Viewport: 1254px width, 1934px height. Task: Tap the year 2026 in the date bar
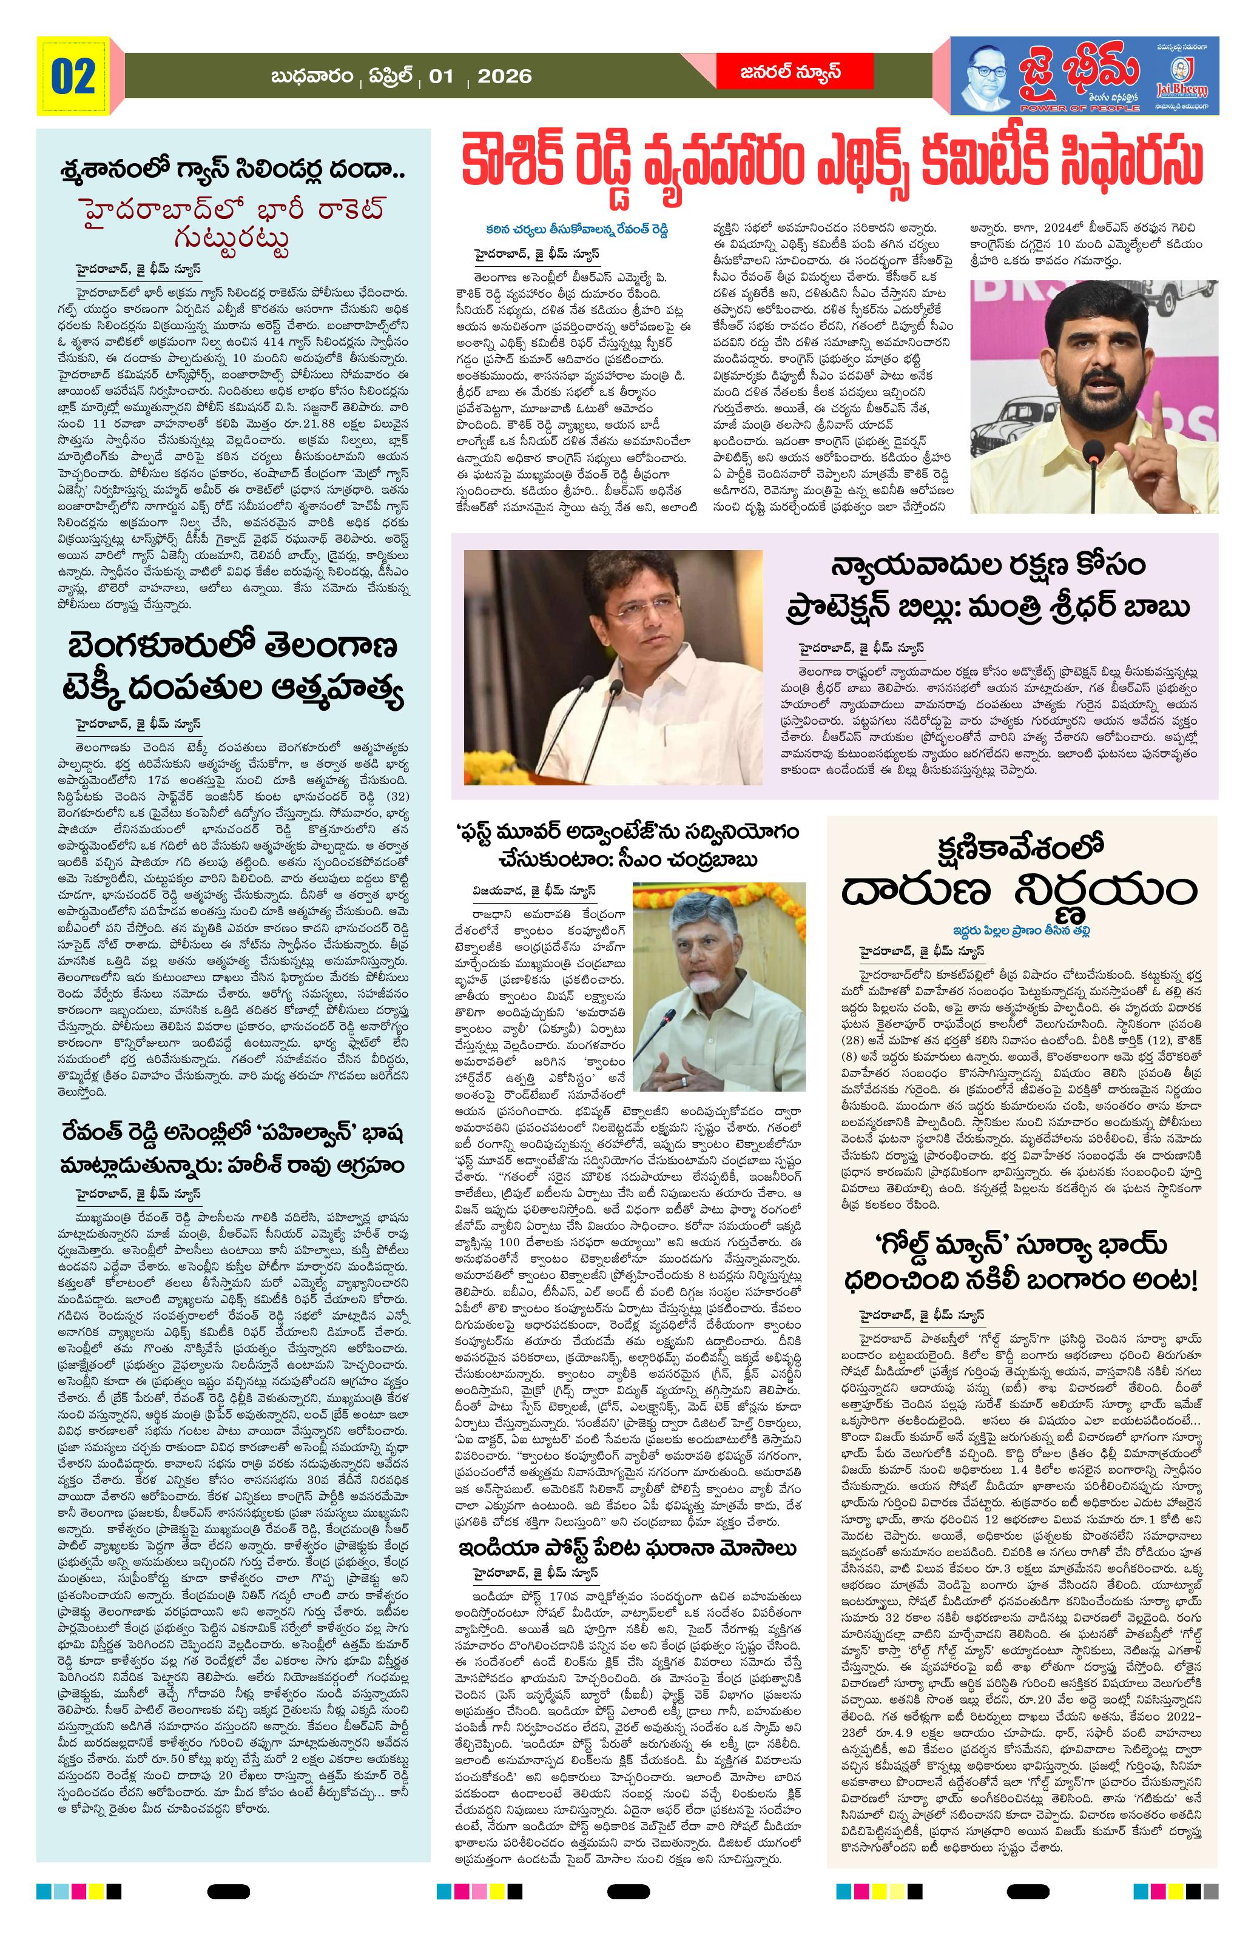pos(504,76)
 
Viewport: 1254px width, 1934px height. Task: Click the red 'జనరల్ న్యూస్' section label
pos(794,73)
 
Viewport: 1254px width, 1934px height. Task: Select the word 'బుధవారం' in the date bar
pos(314,76)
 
